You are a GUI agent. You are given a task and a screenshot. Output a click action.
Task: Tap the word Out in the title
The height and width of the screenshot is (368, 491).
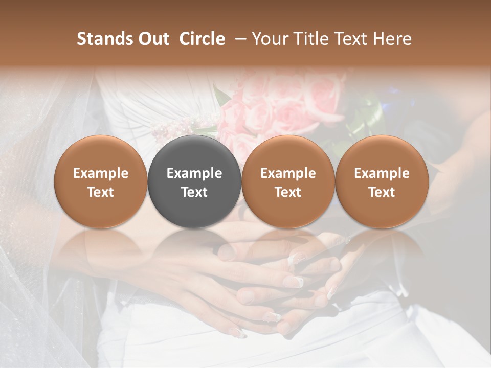click(x=153, y=39)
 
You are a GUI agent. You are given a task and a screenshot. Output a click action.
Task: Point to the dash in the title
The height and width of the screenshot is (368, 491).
click(x=238, y=39)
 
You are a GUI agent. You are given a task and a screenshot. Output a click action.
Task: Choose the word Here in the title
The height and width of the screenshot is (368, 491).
click(x=393, y=39)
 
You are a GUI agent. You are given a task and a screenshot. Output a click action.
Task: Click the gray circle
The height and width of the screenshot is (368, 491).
click(x=194, y=181)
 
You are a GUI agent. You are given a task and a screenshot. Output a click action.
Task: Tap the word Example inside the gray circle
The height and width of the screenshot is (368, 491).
click(x=194, y=173)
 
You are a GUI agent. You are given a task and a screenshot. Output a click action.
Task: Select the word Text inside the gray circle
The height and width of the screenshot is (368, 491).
click(x=194, y=192)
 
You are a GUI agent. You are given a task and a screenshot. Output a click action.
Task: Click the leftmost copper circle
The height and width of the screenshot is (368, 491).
click(x=101, y=181)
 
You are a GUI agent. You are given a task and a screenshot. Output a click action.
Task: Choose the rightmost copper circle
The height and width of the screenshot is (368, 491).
click(x=382, y=181)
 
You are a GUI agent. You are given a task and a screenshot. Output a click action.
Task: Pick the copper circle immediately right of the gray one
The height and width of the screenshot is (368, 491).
click(x=288, y=181)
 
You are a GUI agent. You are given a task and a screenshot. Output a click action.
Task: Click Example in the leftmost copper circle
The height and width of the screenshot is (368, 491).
click(x=101, y=173)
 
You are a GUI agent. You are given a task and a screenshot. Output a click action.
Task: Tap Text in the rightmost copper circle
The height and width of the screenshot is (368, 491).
click(x=382, y=192)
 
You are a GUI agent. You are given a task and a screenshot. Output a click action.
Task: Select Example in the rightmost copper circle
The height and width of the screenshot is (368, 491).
click(x=382, y=173)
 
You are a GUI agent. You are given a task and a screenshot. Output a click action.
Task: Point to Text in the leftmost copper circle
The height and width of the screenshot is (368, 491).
click(x=101, y=192)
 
